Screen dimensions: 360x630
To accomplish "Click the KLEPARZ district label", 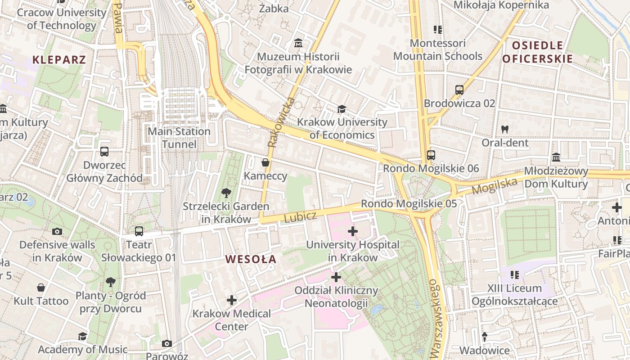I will point(59,59).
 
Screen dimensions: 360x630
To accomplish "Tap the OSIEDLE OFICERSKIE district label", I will point(537,52).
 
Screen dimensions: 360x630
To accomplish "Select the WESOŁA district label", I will point(251,259).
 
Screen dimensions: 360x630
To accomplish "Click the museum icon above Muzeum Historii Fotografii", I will point(298,44).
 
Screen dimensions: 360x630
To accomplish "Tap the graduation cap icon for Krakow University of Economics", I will point(342,109).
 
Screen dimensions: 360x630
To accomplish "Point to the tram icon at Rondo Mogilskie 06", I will point(431,155).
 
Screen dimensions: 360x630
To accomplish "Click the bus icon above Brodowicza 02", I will point(459,90).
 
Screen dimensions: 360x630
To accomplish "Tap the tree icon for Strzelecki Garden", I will point(226,193).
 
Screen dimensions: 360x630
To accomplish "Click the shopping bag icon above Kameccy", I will point(265,162).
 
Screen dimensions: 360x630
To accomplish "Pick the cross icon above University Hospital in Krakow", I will point(353,231).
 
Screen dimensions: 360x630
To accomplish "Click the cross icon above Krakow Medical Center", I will point(232,300).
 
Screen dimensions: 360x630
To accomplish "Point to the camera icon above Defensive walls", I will point(57,231).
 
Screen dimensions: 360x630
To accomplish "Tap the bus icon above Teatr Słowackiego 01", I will point(139,231).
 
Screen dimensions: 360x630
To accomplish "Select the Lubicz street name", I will point(300,217).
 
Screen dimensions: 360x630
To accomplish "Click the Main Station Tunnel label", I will point(179,138).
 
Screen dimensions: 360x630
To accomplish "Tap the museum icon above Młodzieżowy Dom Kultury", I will point(556,157).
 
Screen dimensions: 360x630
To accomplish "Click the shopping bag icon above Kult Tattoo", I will point(41,288).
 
